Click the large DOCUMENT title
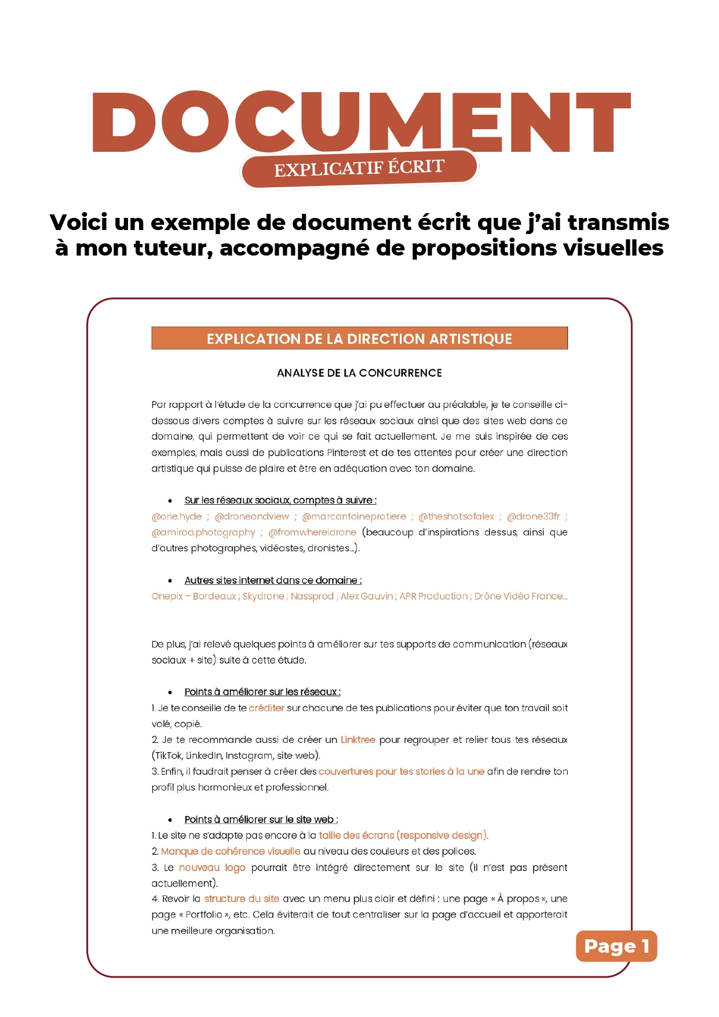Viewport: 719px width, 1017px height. click(360, 123)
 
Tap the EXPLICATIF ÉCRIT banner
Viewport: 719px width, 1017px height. click(359, 169)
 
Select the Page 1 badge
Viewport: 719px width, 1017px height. click(616, 946)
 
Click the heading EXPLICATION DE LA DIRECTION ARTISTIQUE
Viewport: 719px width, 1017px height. click(359, 338)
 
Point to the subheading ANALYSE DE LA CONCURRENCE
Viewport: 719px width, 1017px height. click(359, 373)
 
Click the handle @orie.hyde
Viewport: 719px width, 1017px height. click(177, 516)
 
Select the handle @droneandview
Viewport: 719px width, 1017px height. click(252, 516)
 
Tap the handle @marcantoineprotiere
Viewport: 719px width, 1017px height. click(354, 516)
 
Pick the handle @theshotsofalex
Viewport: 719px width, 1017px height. click(457, 516)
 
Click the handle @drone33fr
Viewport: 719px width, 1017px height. click(534, 516)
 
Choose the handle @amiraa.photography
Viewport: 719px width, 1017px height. click(203, 533)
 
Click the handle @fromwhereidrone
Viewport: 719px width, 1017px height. click(312, 533)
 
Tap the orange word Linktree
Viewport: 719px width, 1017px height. click(358, 740)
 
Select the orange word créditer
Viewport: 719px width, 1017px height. click(267, 708)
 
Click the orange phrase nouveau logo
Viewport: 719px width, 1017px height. click(212, 867)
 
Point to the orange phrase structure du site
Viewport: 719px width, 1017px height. click(242, 899)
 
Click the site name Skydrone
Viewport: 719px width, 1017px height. click(263, 596)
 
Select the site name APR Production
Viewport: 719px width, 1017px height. click(433, 596)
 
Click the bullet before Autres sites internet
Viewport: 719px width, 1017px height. click(170, 581)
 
